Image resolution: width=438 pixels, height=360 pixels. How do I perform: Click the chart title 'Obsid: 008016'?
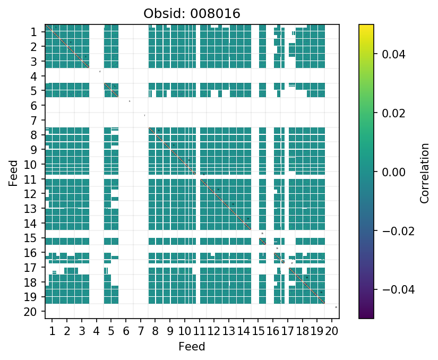pyautogui.click(x=192, y=14)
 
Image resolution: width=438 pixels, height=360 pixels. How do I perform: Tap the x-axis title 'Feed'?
pyautogui.click(x=192, y=347)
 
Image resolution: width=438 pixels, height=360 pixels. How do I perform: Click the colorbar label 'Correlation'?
pyautogui.click(x=424, y=172)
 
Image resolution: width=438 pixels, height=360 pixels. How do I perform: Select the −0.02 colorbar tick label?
pyautogui.click(x=388, y=230)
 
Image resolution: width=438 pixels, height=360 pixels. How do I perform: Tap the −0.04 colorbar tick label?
pyautogui.click(x=388, y=289)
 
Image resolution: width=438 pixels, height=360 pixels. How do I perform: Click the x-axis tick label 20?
pyautogui.click(x=331, y=332)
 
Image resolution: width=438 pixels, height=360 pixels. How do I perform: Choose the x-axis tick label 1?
pyautogui.click(x=52, y=332)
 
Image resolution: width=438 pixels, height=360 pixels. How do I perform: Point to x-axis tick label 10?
pyautogui.click(x=184, y=332)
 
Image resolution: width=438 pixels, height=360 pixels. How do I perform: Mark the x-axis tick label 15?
pyautogui.click(x=258, y=332)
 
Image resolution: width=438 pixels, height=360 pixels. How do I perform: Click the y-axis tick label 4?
pyautogui.click(x=34, y=76)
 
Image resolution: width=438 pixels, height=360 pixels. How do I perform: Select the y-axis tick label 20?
pyautogui.click(x=31, y=312)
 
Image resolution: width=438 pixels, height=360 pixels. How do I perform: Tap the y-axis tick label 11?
pyautogui.click(x=31, y=179)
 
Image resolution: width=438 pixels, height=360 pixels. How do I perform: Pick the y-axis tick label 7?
pyautogui.click(x=34, y=121)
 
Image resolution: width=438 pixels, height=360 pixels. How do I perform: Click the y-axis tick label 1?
pyautogui.click(x=34, y=32)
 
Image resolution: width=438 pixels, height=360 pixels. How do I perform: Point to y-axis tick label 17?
pyautogui.click(x=31, y=268)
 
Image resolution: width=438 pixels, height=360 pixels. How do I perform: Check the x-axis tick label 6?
pyautogui.click(x=126, y=332)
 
